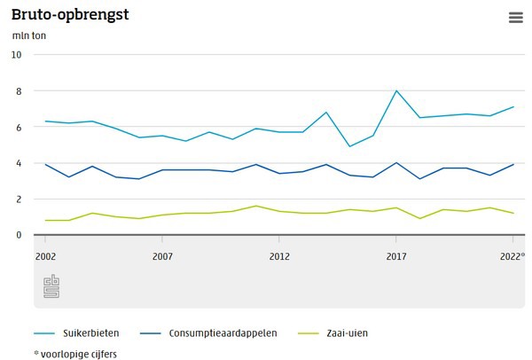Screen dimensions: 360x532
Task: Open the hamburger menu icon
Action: click(516, 18)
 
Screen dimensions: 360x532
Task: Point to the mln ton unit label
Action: click(29, 35)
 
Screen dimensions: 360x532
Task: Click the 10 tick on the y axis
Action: click(17, 54)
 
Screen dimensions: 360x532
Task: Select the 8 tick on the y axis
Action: click(17, 90)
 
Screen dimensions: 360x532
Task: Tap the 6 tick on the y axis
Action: click(17, 127)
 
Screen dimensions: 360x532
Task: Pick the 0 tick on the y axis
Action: click(17, 235)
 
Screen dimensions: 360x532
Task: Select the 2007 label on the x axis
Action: click(162, 256)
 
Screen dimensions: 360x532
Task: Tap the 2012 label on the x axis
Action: click(279, 256)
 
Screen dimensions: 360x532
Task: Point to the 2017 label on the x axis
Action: click(396, 256)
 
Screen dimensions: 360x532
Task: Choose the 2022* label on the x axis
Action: click(512, 256)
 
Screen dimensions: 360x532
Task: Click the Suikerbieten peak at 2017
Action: click(396, 90)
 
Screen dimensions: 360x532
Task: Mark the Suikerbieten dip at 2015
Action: click(349, 146)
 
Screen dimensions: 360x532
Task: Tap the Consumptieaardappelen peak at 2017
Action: click(396, 163)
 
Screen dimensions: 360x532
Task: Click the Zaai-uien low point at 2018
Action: click(419, 218)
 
